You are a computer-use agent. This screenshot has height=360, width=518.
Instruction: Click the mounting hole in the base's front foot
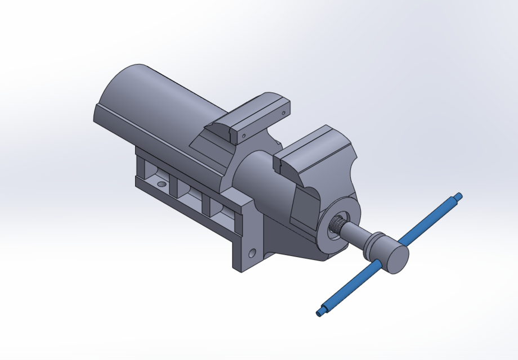(x=252, y=251)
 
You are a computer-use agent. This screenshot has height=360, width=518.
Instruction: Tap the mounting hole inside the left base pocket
(x=162, y=184)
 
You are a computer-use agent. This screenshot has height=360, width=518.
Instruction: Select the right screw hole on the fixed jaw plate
(x=282, y=112)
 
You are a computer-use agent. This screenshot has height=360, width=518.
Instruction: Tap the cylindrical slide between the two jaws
(x=256, y=180)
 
